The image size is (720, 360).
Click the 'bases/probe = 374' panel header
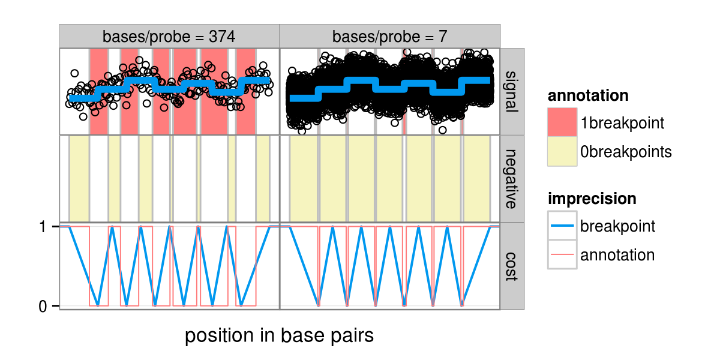pos(169,37)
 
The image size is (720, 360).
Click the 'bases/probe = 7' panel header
pos(389,37)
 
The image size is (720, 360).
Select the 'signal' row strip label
pos(512,91)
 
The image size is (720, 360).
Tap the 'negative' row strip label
pos(512,179)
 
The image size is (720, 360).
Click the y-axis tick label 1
pos(43,227)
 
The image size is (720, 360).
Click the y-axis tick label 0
pos(43,306)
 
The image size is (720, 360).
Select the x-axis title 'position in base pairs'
pos(279,336)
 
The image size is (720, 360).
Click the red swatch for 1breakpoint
pos(562,123)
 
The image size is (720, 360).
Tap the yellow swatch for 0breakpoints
pos(562,152)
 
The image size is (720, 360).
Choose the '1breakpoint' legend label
pos(622,124)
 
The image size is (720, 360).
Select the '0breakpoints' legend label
pos(626,152)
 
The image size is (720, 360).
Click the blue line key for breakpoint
pos(562,226)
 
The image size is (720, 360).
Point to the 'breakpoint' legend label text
pos(617,227)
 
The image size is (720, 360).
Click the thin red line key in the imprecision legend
pos(562,255)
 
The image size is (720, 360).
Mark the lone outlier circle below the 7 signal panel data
pos(442,130)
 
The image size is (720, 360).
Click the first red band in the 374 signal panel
pos(98,91)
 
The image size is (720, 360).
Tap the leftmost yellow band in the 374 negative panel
pos(79,179)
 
